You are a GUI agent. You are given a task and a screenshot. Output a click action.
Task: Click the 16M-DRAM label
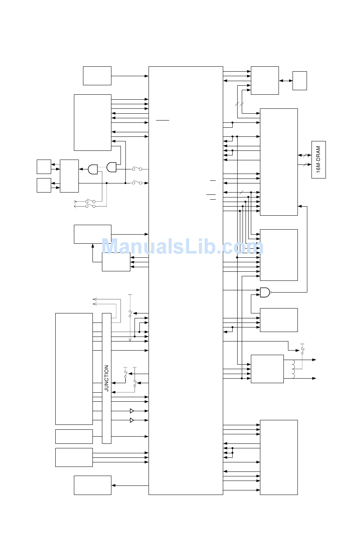[x=318, y=160]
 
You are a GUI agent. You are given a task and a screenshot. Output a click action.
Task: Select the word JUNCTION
[x=106, y=378]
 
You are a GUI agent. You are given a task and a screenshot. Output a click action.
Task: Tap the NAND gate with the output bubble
[x=265, y=292]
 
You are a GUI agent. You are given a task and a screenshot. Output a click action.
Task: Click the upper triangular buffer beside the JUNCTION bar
[x=132, y=411]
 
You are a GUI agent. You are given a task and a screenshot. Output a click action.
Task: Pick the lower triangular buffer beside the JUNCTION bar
[x=132, y=420]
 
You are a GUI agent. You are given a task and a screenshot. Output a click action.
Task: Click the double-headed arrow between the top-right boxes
[x=286, y=81]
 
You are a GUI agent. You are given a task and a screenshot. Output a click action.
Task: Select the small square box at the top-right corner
[x=299, y=81]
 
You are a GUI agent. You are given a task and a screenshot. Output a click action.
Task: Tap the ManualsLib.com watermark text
[x=182, y=247]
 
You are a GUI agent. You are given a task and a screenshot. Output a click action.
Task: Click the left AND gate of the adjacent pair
[x=93, y=169]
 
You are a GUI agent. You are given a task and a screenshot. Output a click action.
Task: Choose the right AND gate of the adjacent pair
[x=111, y=167]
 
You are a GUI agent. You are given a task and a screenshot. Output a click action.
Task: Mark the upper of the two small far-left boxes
[x=44, y=167]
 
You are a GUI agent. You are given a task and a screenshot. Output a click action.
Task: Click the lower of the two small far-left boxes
[x=44, y=185]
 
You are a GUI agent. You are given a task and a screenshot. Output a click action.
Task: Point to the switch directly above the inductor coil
[x=302, y=350]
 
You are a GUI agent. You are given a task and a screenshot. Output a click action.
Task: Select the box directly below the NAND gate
[x=279, y=320]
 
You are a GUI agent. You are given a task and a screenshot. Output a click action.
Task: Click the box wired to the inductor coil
[x=267, y=369]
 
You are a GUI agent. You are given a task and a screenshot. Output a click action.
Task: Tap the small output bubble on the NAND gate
[x=271, y=292]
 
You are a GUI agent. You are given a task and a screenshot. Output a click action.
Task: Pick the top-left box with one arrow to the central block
[x=97, y=76]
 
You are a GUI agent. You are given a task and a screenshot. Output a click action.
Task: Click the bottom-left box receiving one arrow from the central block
[x=92, y=485]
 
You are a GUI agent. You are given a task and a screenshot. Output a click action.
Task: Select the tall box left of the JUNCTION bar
[x=74, y=369]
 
